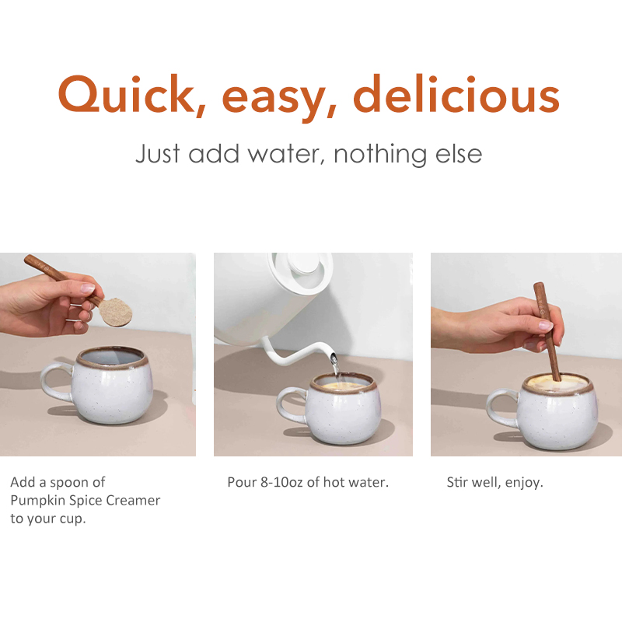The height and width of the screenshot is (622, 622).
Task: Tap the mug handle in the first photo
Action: click(54, 384)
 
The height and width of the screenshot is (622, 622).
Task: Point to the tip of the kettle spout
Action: click(334, 358)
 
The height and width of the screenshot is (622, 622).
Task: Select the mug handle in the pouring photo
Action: click(289, 404)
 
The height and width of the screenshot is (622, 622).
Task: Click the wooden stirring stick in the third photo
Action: click(547, 327)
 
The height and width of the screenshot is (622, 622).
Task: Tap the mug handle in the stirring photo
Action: click(499, 408)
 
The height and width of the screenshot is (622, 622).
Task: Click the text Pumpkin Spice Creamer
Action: click(85, 501)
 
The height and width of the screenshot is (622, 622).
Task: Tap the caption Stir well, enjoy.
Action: click(494, 482)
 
